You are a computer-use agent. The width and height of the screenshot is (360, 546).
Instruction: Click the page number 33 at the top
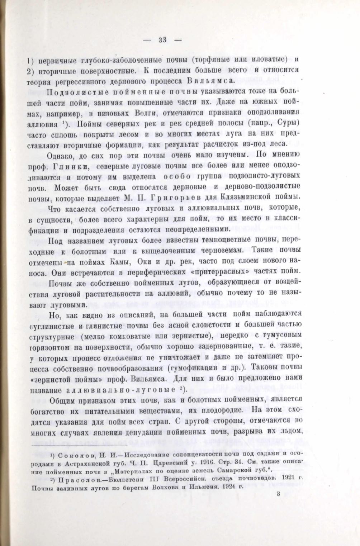162,40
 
